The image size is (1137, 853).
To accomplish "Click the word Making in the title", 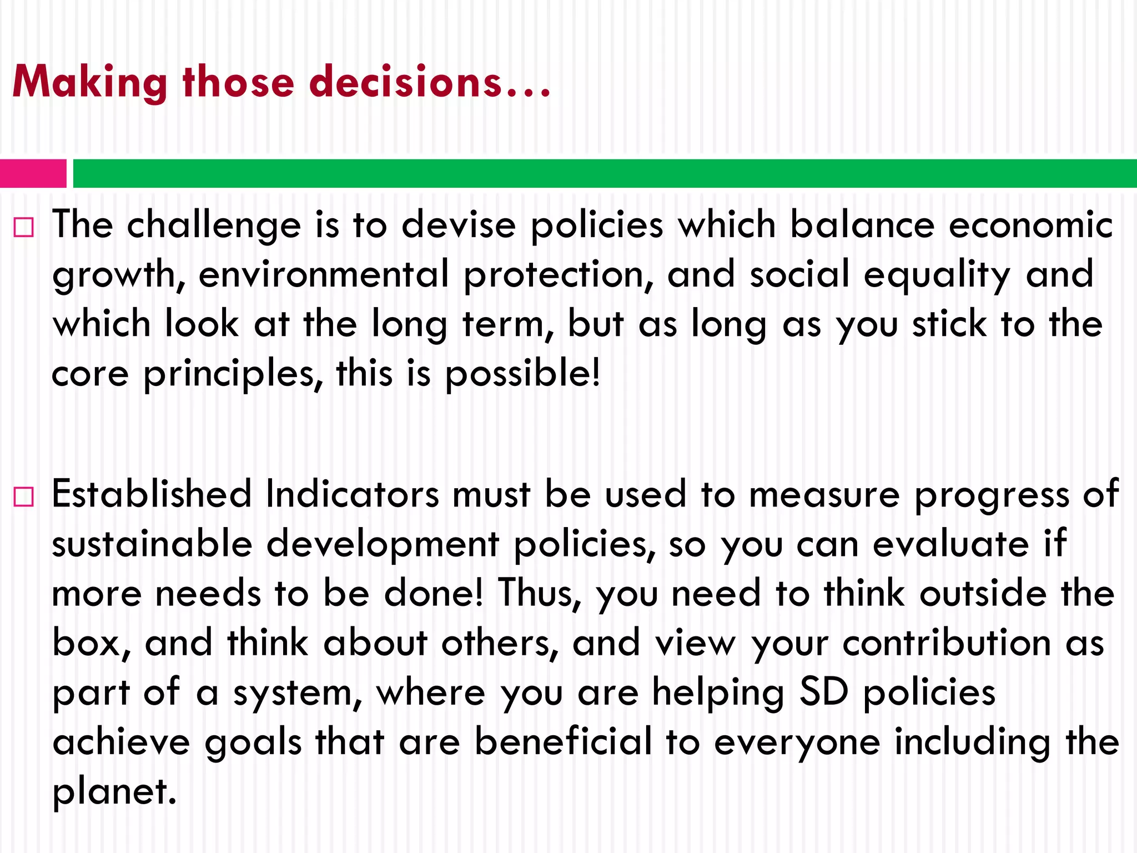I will (x=89, y=82).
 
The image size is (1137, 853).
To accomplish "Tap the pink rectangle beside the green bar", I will (x=33, y=173).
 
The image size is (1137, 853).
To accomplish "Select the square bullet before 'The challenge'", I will (x=24, y=227).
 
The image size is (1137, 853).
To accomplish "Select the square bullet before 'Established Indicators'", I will (x=24, y=496).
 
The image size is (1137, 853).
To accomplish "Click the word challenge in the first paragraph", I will (x=214, y=226).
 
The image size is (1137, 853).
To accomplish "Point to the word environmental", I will (x=324, y=274).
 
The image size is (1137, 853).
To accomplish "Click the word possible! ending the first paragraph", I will (x=523, y=374).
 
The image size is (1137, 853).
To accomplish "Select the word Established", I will (x=152, y=494).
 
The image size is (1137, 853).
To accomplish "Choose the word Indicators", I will (x=352, y=494).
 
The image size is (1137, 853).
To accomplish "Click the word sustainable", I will (x=152, y=544).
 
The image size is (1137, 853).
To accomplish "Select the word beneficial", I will (x=563, y=742).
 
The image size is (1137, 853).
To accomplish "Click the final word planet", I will (x=114, y=792).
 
